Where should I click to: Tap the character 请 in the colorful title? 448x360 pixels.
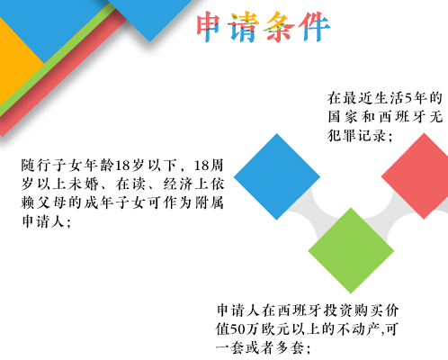point(243,27)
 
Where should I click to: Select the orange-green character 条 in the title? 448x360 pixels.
point(278,27)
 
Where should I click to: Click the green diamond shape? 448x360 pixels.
point(351,250)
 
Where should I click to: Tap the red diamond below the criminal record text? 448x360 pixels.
point(420,176)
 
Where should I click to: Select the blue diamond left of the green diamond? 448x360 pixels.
point(277,176)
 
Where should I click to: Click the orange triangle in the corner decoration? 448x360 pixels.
point(18,60)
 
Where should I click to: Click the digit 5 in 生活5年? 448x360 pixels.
point(408,98)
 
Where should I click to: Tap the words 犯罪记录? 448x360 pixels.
point(356,136)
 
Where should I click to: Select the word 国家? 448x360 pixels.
point(342,117)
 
